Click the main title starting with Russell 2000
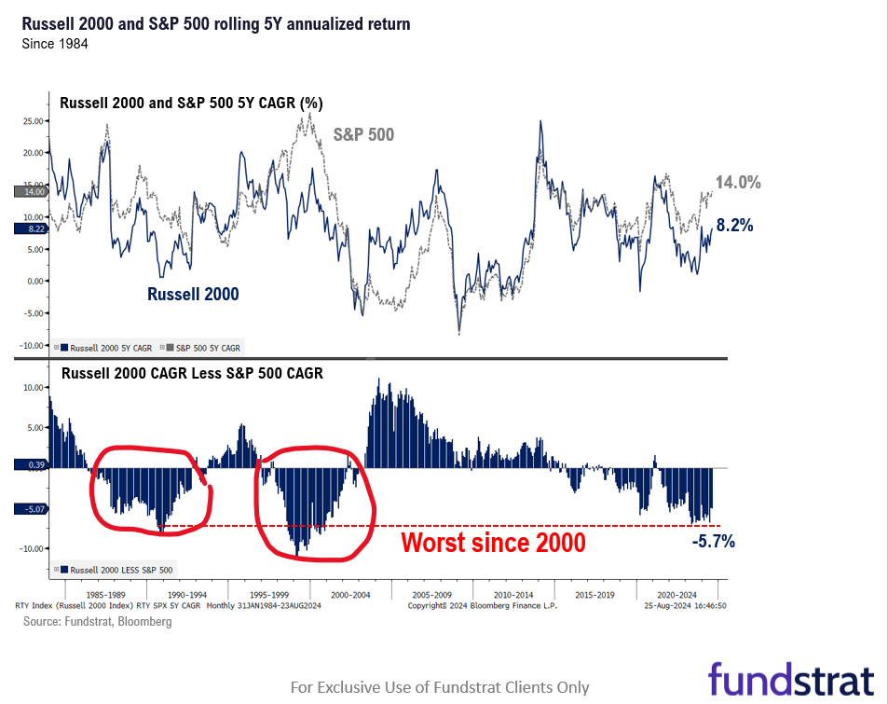215,23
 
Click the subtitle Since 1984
55,44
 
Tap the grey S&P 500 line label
363,134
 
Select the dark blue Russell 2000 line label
193,294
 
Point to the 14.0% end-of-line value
738,183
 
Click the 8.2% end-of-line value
734,225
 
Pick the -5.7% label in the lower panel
714,541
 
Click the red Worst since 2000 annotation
493,542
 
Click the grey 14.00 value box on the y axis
31,191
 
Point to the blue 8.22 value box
31,228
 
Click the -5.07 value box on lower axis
31,509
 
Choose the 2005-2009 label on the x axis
432,593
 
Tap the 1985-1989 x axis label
105,593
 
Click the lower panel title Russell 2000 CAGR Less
191,373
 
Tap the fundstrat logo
790,677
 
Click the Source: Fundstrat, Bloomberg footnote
97,621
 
